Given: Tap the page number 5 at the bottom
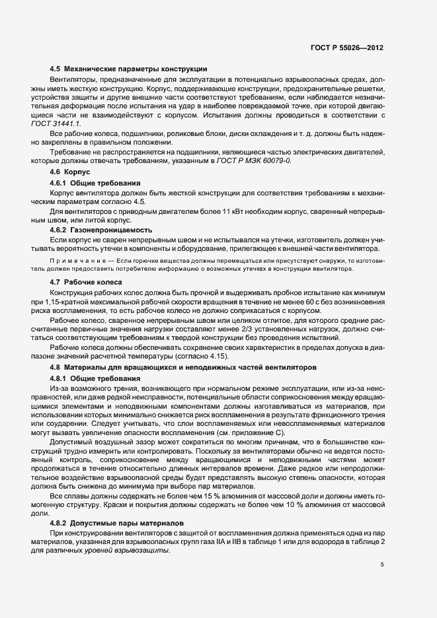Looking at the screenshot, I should [382, 564].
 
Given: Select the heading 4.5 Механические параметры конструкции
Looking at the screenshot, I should [129, 69].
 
